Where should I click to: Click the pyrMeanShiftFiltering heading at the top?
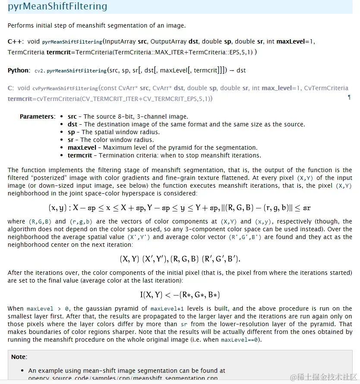click(x=57, y=7)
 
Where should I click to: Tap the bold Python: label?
click(x=19, y=70)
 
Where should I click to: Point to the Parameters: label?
click(x=38, y=116)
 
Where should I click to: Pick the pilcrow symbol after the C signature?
click(x=349, y=98)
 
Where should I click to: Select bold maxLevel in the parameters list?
click(x=82, y=148)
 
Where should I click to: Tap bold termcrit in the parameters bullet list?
click(x=80, y=155)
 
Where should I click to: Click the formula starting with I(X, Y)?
click(x=180, y=295)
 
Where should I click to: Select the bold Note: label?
click(x=19, y=357)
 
